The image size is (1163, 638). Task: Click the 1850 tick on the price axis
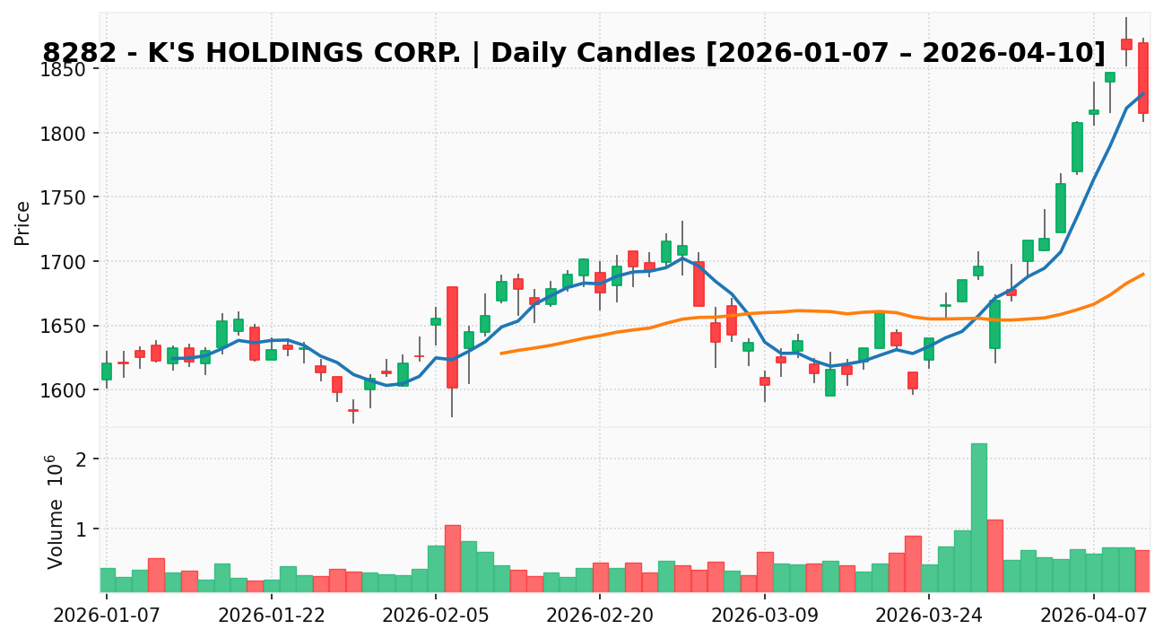[x=65, y=70]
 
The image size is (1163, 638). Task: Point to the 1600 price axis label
[x=65, y=390]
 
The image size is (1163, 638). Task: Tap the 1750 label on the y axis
[x=65, y=198]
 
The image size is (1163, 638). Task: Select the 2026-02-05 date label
[x=435, y=615]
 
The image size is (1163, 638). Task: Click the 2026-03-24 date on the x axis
[x=929, y=615]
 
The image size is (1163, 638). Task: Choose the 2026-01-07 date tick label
[x=106, y=615]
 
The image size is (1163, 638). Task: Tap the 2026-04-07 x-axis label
[x=1094, y=615]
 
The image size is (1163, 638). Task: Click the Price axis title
[x=22, y=223]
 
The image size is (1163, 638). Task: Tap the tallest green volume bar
[x=978, y=517]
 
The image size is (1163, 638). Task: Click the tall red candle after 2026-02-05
[x=452, y=337]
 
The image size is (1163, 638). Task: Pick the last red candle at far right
[x=1143, y=78]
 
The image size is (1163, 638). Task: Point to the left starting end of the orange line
[x=501, y=354]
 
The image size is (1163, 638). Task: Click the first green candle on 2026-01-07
[x=107, y=371]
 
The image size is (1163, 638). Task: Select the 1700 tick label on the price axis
[x=65, y=262]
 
